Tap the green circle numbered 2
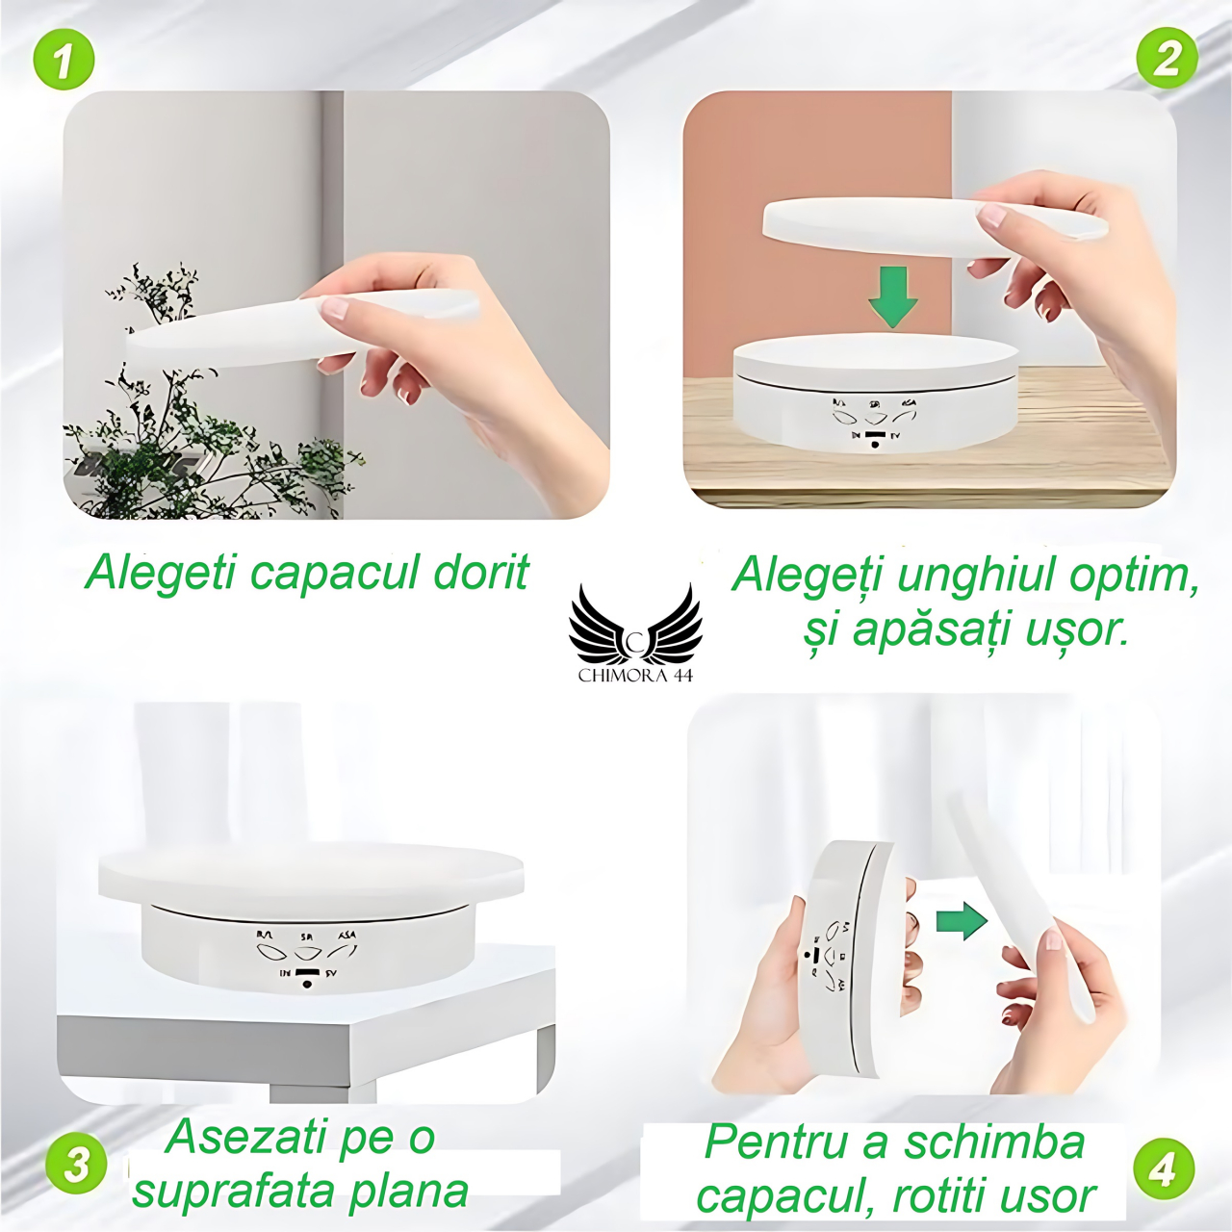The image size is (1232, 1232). coord(1167,58)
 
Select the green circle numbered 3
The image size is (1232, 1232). coord(77,1165)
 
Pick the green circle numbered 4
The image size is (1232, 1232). coord(1163,1168)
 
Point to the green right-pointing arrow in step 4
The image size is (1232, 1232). coord(962,920)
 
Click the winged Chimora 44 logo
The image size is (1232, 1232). coord(635,626)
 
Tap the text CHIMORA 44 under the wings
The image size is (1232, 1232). coord(635,676)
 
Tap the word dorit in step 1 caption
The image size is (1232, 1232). coord(481,573)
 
